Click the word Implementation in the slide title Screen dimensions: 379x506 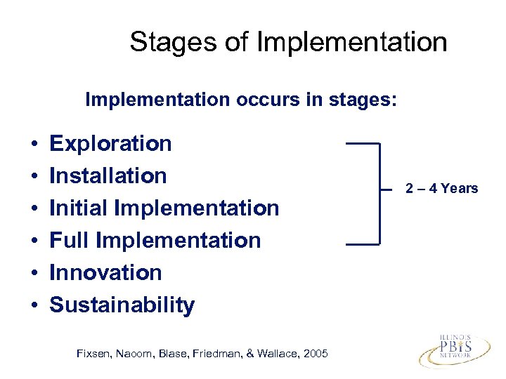coord(352,42)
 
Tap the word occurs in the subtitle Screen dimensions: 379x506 coord(251,100)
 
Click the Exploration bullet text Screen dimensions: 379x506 coord(110,143)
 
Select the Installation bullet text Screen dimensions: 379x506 coord(108,175)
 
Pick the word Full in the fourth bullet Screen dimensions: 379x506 coord(69,240)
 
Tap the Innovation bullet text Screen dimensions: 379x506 coord(105,272)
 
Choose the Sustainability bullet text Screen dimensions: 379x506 coord(122,305)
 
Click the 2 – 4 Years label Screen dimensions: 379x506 coord(441,188)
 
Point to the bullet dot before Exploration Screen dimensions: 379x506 coord(34,145)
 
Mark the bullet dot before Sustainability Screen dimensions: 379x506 coord(34,306)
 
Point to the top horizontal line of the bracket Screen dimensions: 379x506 coord(362,142)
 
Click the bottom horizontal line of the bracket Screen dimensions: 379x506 coord(362,244)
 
